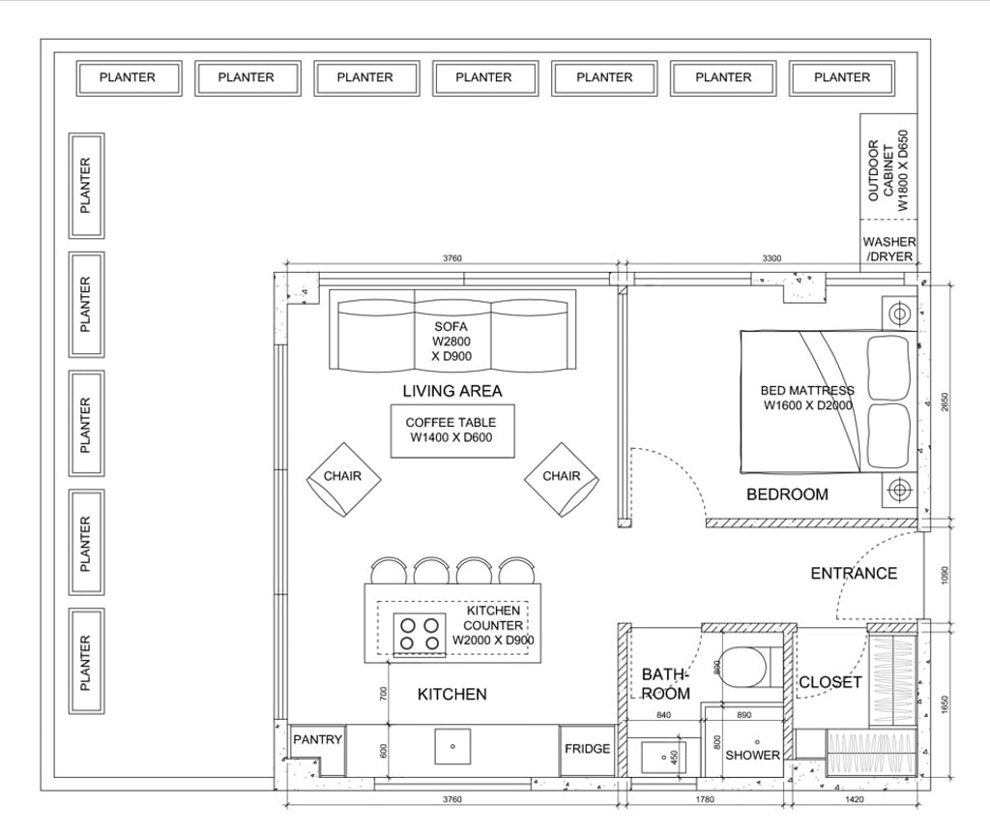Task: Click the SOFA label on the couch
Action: [x=451, y=327]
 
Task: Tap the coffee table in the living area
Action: [x=451, y=431]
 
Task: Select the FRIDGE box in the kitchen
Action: [x=588, y=749]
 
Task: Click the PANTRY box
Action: [x=318, y=740]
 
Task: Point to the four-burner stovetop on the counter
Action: [x=420, y=634]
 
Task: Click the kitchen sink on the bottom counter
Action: [x=451, y=746]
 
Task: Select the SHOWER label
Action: [x=752, y=755]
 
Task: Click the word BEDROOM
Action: [x=787, y=494]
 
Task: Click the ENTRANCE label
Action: [x=854, y=573]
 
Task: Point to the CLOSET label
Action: [x=830, y=682]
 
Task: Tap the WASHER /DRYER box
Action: [x=889, y=250]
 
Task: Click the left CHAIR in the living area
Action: [x=343, y=477]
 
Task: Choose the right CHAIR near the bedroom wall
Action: [x=562, y=477]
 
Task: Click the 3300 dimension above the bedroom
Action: [x=772, y=258]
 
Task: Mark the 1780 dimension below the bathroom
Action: [x=705, y=799]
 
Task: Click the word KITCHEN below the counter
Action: [x=451, y=694]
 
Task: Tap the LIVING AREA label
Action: [x=451, y=391]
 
